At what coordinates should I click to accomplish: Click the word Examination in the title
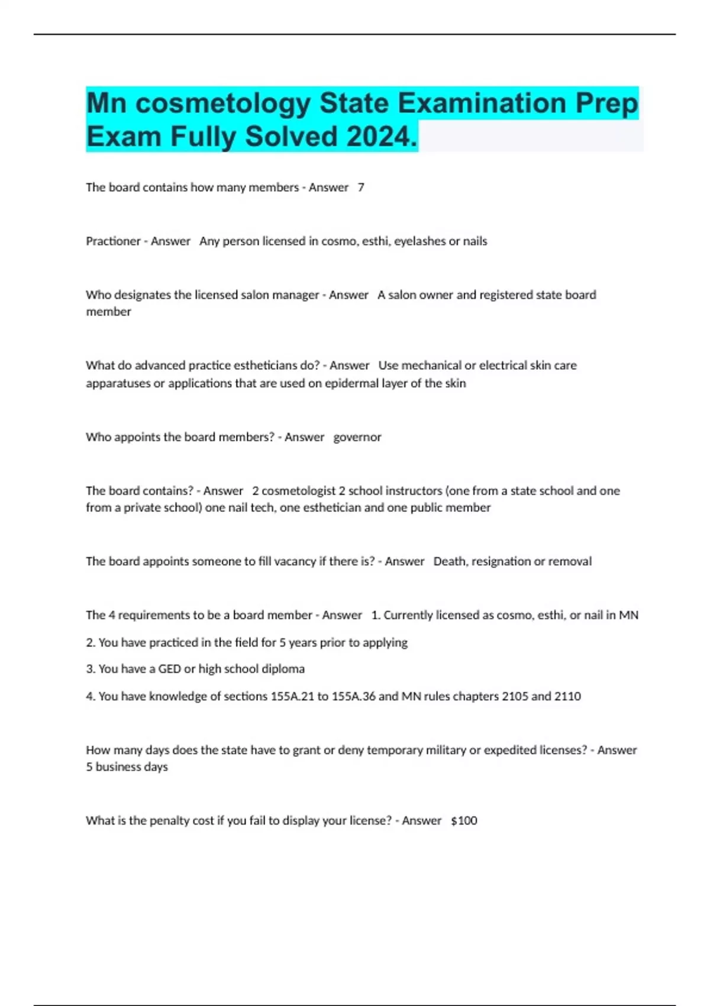482,104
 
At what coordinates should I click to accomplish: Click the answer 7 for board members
361,188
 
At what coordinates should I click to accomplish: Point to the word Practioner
113,241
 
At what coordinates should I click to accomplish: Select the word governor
357,437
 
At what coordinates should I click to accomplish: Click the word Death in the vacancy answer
450,562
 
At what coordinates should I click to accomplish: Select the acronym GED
169,669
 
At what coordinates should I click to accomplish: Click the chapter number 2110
567,697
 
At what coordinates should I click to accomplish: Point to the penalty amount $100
464,821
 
